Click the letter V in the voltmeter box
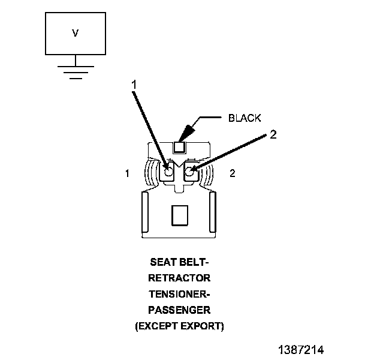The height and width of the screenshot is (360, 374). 76,34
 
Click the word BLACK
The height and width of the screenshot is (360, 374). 245,118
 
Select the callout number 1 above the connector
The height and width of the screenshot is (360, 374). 134,85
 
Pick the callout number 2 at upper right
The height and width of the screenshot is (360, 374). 273,134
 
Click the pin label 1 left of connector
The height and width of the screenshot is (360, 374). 127,173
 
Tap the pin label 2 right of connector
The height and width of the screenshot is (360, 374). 233,173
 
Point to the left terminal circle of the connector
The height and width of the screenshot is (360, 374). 169,172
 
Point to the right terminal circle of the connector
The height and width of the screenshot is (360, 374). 191,172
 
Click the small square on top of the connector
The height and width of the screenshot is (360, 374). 180,146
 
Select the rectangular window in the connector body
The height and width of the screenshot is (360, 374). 180,215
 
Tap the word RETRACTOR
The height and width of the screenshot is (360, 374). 180,278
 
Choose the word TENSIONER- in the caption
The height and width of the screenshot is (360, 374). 180,295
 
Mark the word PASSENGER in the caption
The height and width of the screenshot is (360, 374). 180,310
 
